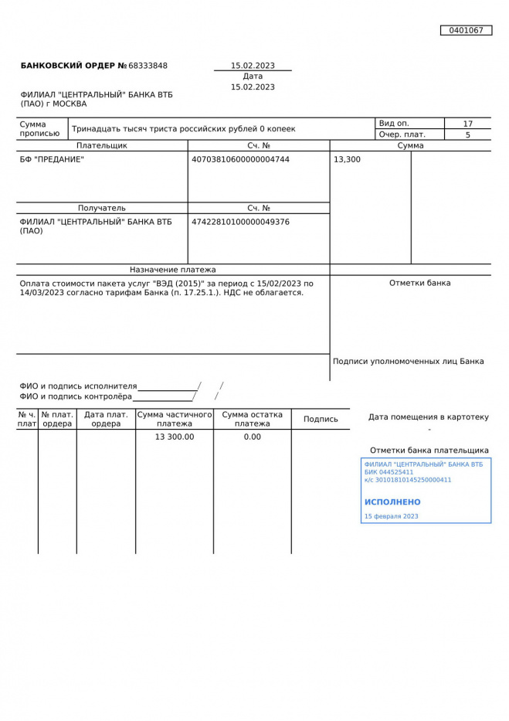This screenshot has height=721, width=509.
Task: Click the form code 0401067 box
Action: point(466,30)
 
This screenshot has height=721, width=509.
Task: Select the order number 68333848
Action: point(148,66)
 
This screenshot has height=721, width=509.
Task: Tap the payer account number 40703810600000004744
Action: point(240,160)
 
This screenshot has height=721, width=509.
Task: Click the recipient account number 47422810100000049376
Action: point(240,222)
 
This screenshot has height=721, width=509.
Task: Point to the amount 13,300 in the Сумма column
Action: point(347,160)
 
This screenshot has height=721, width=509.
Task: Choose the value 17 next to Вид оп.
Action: point(467,124)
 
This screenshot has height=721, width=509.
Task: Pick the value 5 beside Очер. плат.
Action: point(467,134)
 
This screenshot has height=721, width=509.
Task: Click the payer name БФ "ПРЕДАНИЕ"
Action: point(52,160)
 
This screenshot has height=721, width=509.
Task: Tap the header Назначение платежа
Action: point(173,270)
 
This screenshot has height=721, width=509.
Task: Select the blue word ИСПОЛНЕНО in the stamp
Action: point(392,502)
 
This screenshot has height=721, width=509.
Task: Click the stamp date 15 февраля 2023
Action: point(391,516)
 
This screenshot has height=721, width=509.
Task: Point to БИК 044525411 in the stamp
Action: point(389,472)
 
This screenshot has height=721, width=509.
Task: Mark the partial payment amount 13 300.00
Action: point(175,437)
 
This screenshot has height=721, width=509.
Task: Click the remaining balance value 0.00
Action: point(253,437)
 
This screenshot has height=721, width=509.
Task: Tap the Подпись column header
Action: point(321,419)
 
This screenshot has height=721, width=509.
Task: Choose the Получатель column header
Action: point(101,208)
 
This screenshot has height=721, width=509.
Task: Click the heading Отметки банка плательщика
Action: point(429,451)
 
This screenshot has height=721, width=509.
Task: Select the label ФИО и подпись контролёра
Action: point(76,396)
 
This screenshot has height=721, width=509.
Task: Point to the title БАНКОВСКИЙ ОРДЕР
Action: point(68,66)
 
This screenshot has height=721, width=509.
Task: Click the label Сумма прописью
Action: point(39,129)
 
